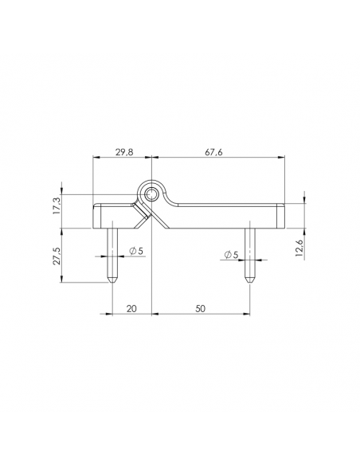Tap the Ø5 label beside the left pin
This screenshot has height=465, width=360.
click(x=136, y=252)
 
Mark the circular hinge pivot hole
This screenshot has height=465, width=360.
click(x=151, y=194)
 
